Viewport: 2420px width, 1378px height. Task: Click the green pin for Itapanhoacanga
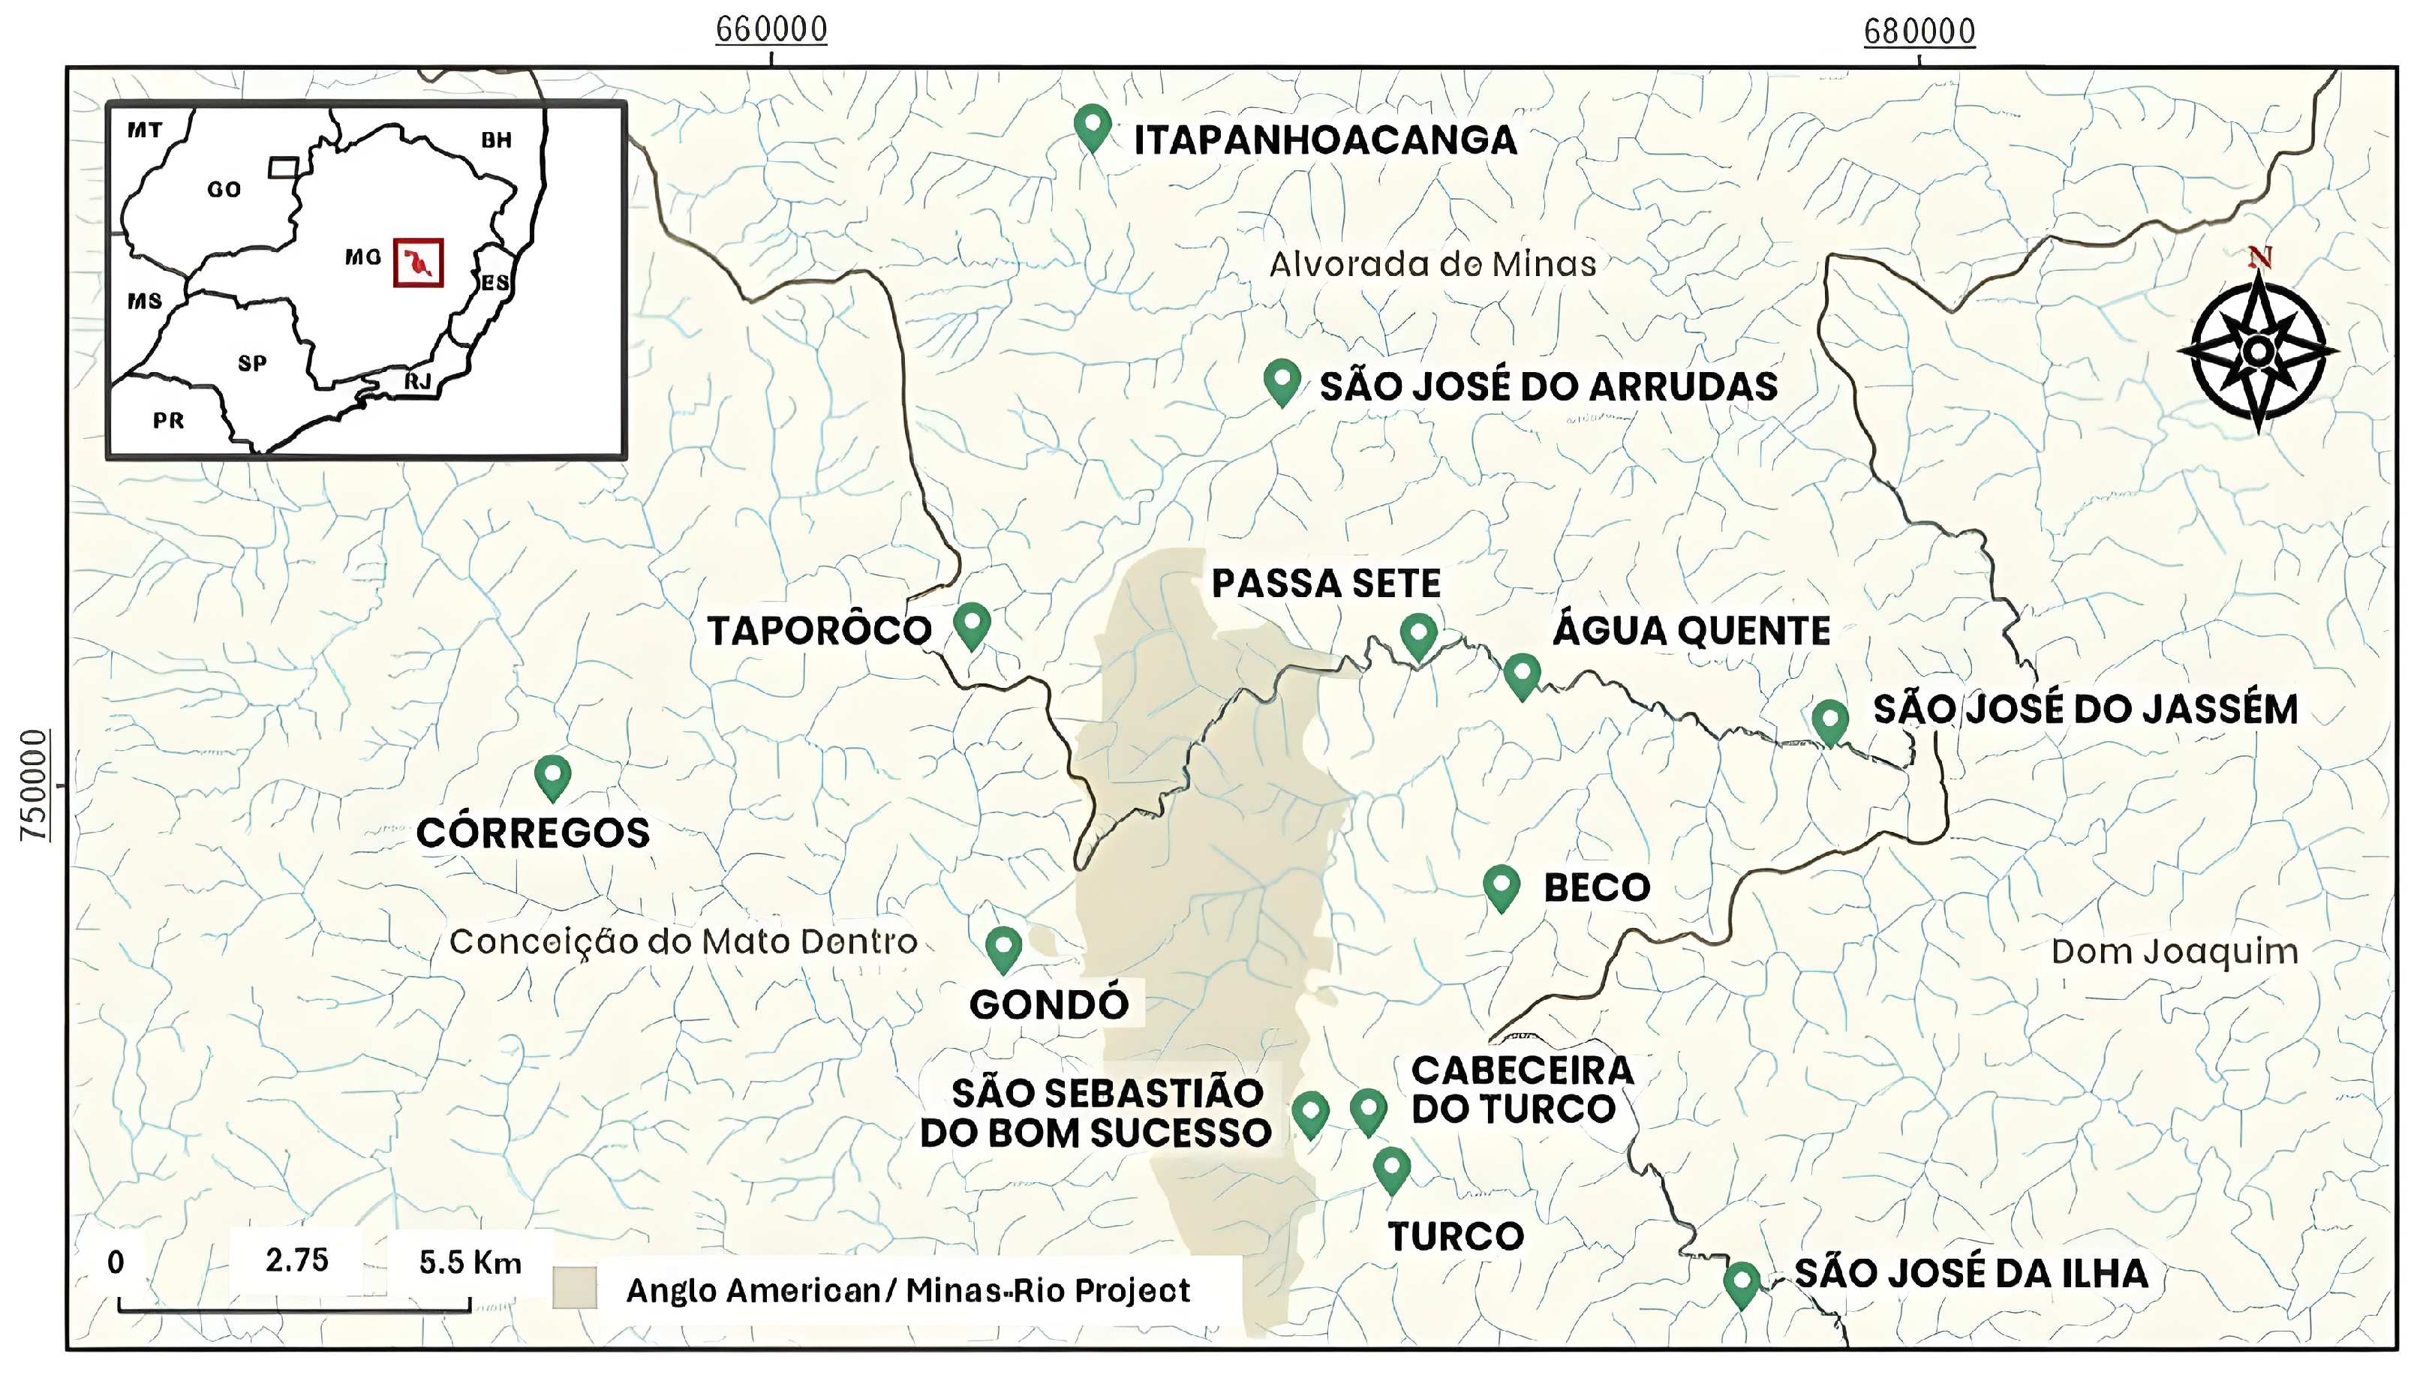pyautogui.click(x=1092, y=126)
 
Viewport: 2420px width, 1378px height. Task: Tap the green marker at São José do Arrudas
pyautogui.click(x=1282, y=380)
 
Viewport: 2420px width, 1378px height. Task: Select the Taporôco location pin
pyautogui.click(x=971, y=623)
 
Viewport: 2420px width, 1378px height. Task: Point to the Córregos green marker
pyautogui.click(x=553, y=776)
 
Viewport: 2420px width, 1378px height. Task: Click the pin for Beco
pyautogui.click(x=1501, y=886)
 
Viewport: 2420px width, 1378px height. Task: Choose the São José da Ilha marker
pyautogui.click(x=1742, y=1283)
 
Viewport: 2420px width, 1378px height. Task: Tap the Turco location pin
pyautogui.click(x=1391, y=1168)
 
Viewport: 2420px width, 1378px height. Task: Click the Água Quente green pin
pyautogui.click(x=1522, y=674)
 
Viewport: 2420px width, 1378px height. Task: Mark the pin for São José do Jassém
pyautogui.click(x=1830, y=721)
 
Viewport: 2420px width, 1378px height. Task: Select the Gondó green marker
pyautogui.click(x=1003, y=947)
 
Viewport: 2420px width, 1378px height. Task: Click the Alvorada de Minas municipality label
pyautogui.click(x=1432, y=264)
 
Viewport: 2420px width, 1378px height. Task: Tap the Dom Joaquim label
pyautogui.click(x=2174, y=951)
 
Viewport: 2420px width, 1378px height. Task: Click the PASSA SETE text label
pyautogui.click(x=1325, y=584)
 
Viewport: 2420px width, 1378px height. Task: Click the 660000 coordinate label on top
pyautogui.click(x=771, y=30)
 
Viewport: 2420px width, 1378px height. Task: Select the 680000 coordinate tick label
pyautogui.click(x=1919, y=32)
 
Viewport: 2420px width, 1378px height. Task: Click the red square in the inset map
pyautogui.click(x=418, y=263)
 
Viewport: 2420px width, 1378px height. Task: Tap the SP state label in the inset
pyautogui.click(x=251, y=363)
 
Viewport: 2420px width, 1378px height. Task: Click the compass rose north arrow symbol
pyautogui.click(x=2258, y=350)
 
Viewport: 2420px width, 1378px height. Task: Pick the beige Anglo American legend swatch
pyautogui.click(x=575, y=1288)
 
